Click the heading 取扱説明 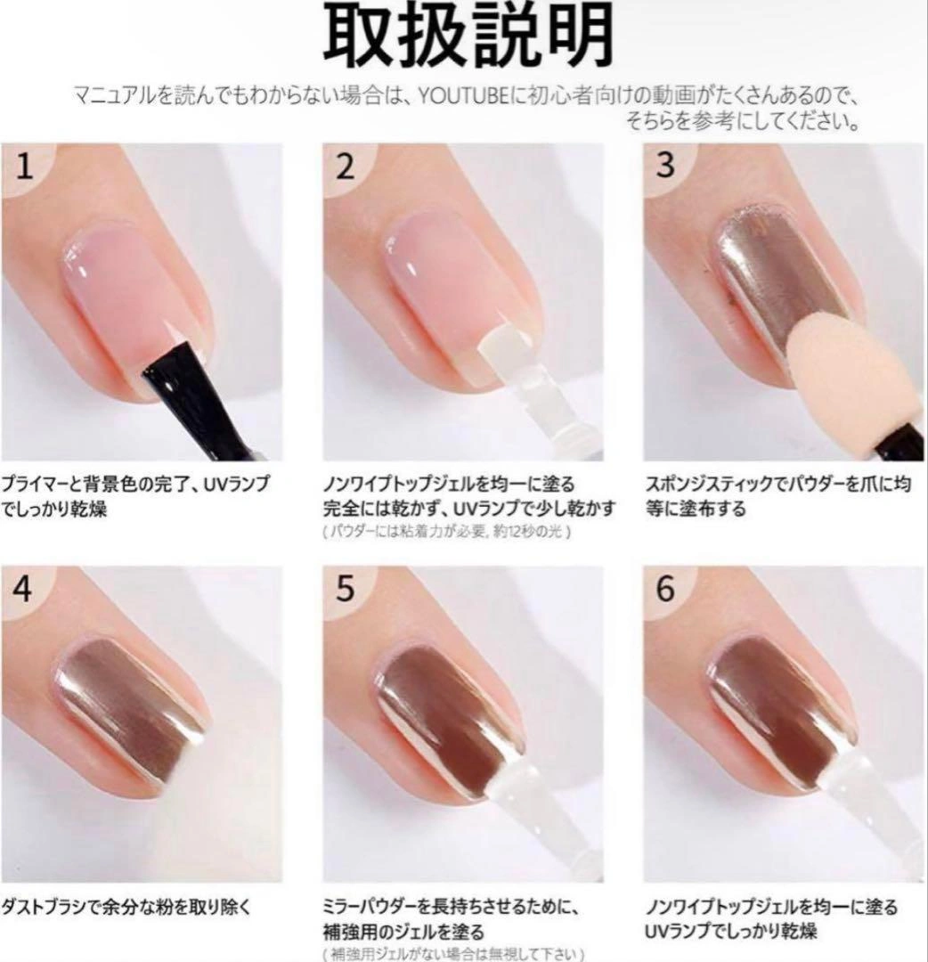[468, 36]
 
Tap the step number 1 [24, 167]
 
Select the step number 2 [346, 167]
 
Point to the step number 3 [665, 165]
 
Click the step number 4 [23, 589]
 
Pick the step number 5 [346, 589]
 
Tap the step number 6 [665, 589]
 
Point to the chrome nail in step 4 [130, 712]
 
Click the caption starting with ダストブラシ [126, 907]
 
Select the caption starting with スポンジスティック [777, 496]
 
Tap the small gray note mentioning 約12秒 [447, 532]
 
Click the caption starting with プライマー [134, 496]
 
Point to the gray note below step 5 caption [452, 954]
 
